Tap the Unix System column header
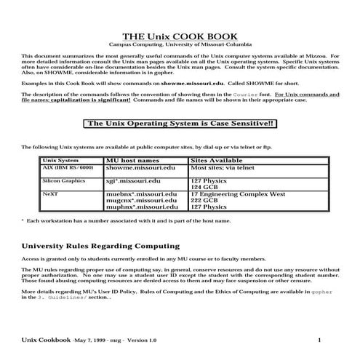pos(60,159)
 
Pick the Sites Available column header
pos(217,159)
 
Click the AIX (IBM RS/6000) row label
pos(68,167)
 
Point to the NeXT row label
pos(51,194)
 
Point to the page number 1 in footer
pos(319,340)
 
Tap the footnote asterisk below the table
pos(22,219)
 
